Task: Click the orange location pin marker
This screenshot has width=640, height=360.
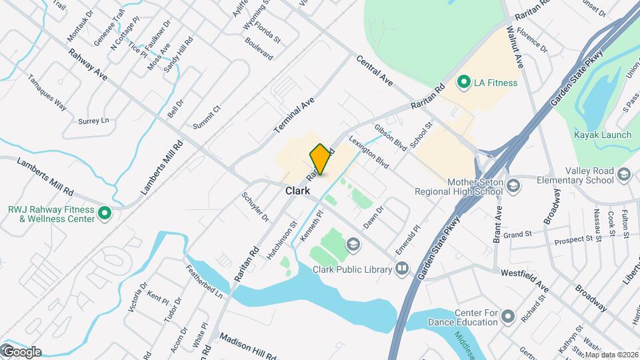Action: tap(321, 159)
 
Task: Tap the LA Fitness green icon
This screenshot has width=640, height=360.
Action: tap(463, 83)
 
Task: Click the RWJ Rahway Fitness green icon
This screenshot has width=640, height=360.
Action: tap(104, 213)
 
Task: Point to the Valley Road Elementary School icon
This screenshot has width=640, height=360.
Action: tap(624, 175)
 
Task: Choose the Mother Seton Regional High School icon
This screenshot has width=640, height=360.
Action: tap(513, 185)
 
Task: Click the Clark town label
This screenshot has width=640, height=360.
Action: tap(297, 191)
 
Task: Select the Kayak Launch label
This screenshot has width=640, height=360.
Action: tap(603, 135)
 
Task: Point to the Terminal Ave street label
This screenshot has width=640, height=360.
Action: tap(294, 113)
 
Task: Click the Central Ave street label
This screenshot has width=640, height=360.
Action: tap(374, 70)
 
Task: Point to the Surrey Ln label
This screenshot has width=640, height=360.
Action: tap(93, 121)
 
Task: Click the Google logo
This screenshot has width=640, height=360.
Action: tap(21, 351)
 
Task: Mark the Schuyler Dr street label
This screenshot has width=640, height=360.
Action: tap(255, 207)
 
